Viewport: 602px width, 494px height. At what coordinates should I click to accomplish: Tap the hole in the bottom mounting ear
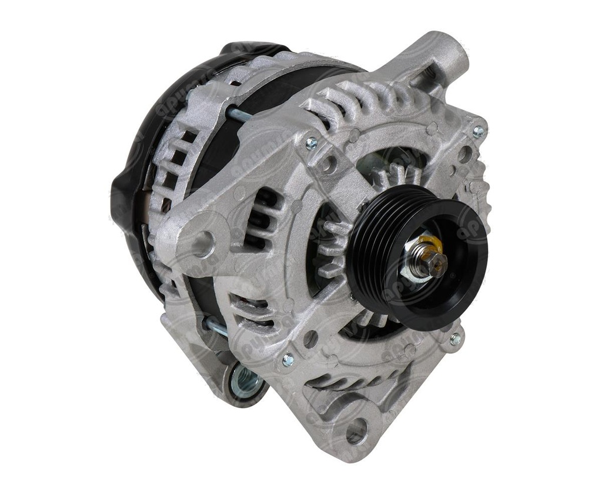click(x=356, y=431)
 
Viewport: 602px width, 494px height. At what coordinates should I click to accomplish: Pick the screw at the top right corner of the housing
click(x=479, y=132)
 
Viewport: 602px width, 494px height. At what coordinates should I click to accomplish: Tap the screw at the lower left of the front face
click(x=288, y=360)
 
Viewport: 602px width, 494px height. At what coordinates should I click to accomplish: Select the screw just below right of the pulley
click(x=455, y=338)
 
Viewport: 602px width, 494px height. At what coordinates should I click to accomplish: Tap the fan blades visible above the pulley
click(x=400, y=173)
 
